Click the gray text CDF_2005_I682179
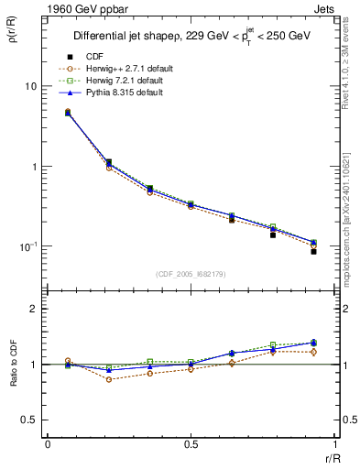click(191, 272)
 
